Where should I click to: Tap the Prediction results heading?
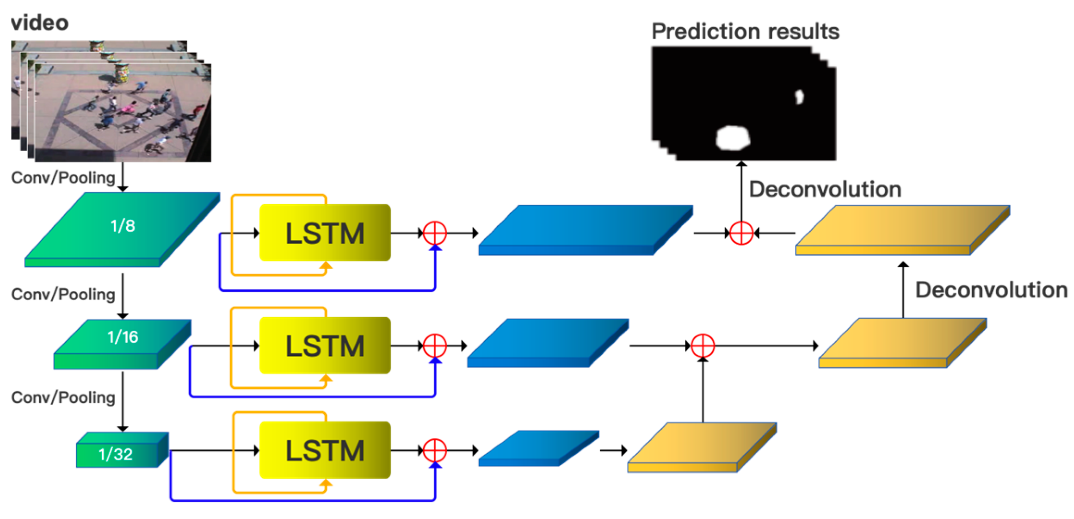pos(745,31)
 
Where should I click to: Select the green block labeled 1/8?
pos(122,227)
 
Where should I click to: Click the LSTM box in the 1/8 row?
pos(325,233)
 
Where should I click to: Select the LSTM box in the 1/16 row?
pos(325,346)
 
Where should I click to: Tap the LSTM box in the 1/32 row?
pos(325,450)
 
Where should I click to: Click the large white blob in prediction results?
pos(732,138)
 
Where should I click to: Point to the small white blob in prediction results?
pos(799,97)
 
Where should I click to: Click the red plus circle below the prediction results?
pos(741,233)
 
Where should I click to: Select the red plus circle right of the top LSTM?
pos(435,233)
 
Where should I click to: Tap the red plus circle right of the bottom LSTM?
pos(435,450)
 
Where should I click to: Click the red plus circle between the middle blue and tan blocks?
pos(703,346)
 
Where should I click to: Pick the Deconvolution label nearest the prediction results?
pos(825,189)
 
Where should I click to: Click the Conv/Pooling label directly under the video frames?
pos(63,178)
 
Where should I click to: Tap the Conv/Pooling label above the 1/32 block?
pos(63,397)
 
